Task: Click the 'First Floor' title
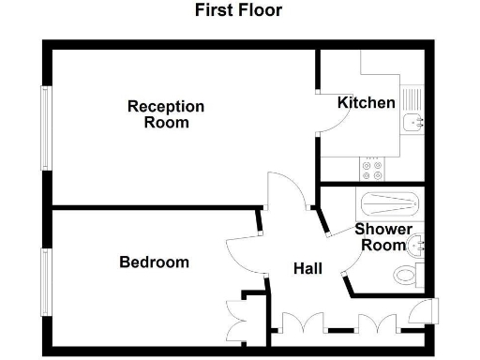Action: point(238,11)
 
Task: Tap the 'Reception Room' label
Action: point(166,114)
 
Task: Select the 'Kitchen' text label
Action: point(367,102)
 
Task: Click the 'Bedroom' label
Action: point(154,262)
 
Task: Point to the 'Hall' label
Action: point(307,268)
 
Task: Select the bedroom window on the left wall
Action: point(44,283)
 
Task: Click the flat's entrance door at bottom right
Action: point(426,312)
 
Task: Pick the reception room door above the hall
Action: point(284,192)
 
